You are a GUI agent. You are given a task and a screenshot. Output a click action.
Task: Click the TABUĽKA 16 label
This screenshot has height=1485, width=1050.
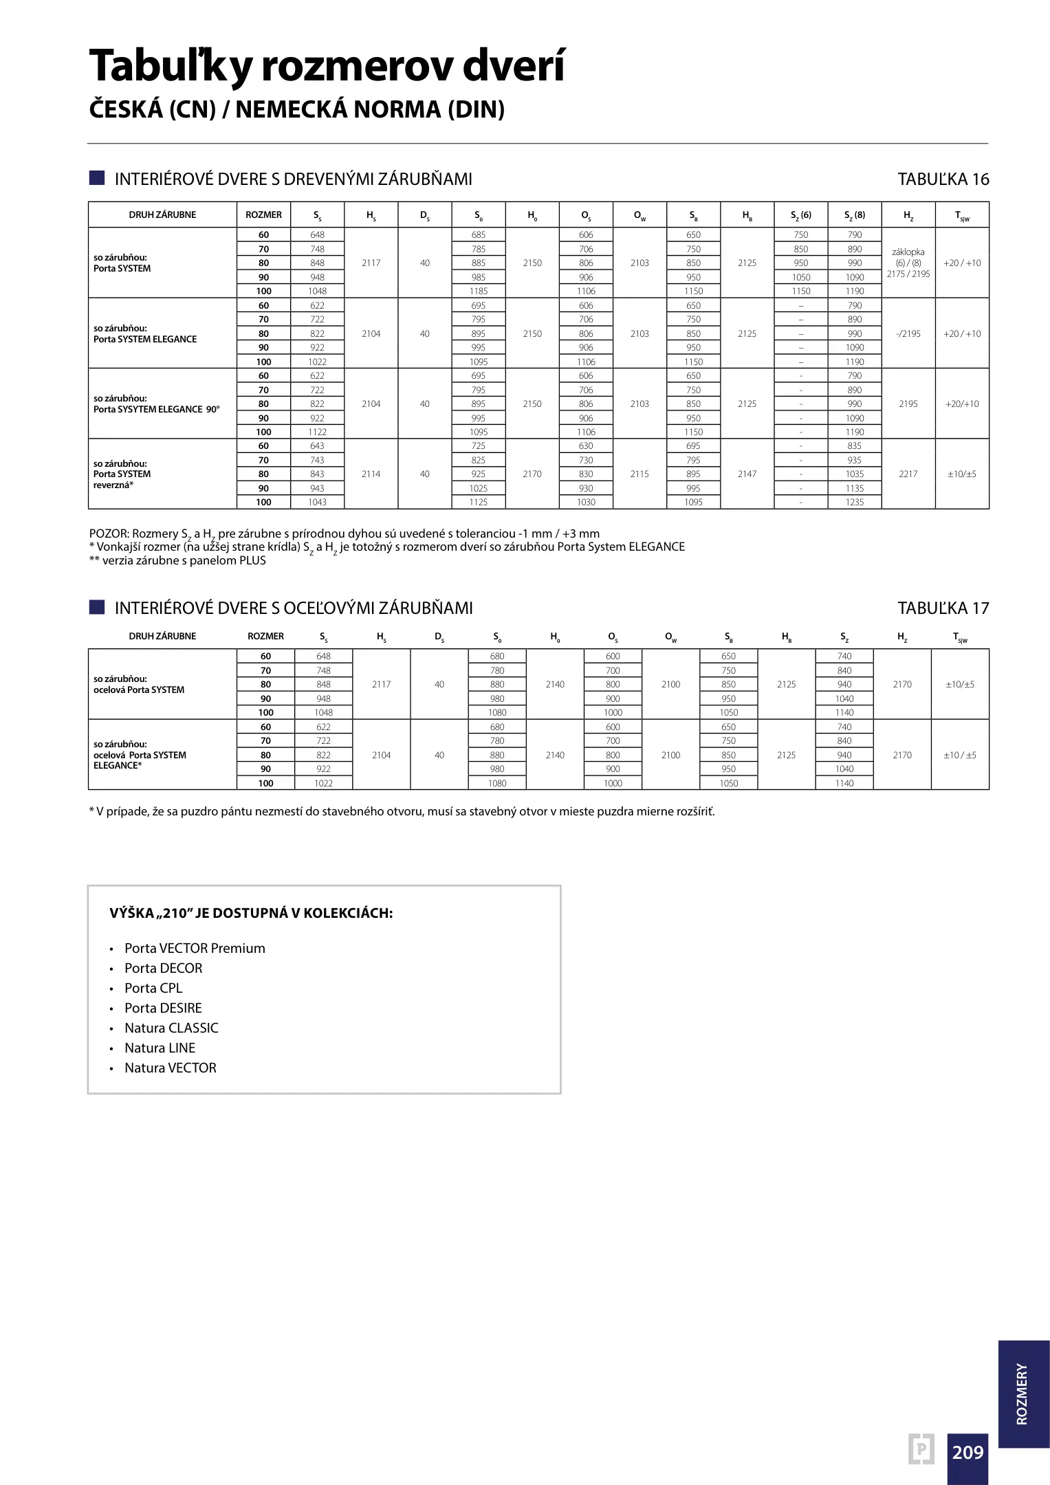[x=943, y=179]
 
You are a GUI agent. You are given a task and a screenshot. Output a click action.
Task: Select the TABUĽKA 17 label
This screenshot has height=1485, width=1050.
[x=943, y=608]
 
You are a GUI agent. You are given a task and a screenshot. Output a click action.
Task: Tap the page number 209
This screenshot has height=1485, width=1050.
[x=967, y=1451]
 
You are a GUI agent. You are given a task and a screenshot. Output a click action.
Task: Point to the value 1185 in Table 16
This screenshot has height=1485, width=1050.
[x=479, y=291]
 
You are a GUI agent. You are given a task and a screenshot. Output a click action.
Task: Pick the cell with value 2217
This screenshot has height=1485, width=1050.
[x=908, y=474]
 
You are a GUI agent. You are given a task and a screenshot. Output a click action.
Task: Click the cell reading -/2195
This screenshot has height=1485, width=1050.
[x=908, y=334]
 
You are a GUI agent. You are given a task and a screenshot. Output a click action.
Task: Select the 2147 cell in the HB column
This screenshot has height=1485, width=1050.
[x=747, y=474]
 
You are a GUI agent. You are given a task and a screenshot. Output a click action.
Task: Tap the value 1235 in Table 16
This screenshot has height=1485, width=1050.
[x=855, y=503]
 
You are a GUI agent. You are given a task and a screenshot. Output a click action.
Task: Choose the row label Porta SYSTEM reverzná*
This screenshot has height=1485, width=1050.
[x=122, y=474]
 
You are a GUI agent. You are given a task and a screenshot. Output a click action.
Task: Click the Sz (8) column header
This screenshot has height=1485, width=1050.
[x=855, y=215]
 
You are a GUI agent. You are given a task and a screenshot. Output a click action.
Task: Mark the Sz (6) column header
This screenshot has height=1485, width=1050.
[x=801, y=215]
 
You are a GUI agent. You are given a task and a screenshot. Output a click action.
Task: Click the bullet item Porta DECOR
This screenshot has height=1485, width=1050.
[x=164, y=968]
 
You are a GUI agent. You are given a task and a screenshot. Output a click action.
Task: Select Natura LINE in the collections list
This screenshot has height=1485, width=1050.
[x=160, y=1048]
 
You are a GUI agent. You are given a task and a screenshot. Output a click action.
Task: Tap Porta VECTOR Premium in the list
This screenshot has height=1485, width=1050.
[x=195, y=948]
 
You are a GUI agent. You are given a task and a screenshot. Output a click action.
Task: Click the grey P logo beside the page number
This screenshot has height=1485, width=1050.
[x=921, y=1450]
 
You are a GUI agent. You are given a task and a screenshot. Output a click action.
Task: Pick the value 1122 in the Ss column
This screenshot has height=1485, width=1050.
[x=318, y=432]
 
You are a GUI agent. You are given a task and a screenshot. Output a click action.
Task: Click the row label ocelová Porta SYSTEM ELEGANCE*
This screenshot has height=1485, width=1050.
[x=140, y=755]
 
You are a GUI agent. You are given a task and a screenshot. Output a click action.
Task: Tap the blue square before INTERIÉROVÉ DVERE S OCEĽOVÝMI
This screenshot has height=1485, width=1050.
[x=97, y=607]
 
